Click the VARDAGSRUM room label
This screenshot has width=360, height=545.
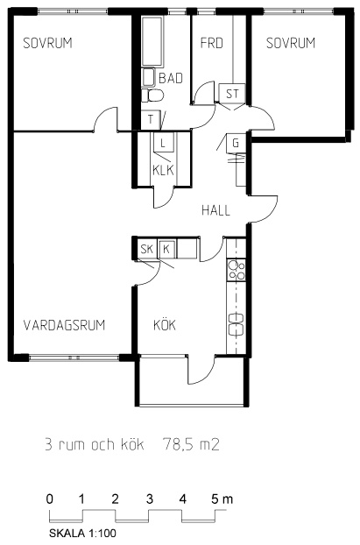64,325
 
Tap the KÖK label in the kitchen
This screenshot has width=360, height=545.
165,324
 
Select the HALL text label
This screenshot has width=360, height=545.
215,210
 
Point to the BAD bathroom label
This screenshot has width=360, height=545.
171,78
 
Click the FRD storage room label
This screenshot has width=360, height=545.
212,43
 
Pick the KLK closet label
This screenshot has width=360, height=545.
163,170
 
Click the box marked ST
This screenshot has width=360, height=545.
232,94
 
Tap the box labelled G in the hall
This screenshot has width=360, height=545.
236,143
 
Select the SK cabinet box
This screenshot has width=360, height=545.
147,249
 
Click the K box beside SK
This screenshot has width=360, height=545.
166,249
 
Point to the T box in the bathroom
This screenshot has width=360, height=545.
151,119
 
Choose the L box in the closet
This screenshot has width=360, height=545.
163,143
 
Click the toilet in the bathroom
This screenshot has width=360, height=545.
152,96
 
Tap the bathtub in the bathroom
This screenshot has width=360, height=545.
152,41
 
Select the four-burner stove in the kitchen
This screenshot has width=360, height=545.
236,271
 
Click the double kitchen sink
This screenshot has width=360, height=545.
236,324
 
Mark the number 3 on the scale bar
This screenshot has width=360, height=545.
150,499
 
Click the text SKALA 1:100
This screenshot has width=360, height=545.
82,534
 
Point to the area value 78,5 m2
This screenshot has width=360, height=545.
191,444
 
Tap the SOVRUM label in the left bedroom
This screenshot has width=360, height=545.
47,43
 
